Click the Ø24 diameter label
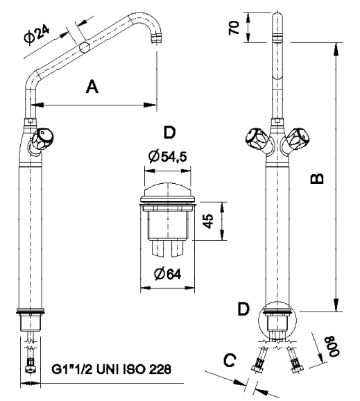37,35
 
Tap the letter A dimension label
92,87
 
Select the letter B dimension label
317,178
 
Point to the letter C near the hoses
230,360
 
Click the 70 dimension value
234,28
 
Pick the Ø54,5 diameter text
167,156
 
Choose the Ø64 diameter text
168,274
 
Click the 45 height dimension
208,221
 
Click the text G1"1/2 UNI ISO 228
112,369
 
